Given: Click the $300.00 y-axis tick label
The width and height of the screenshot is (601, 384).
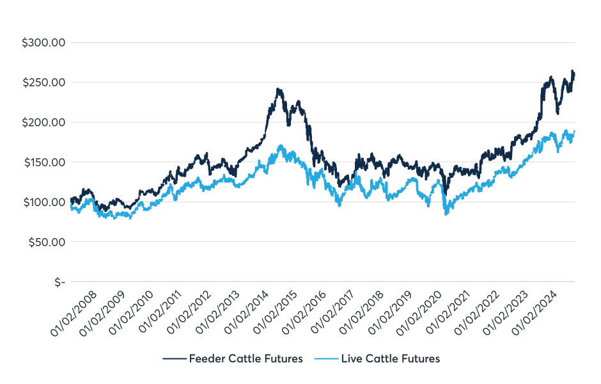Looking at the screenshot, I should [44, 43].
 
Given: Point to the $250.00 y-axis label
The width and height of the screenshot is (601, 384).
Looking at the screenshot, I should [44, 83].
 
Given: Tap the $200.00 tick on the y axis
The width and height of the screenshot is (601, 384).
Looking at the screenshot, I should [44, 122].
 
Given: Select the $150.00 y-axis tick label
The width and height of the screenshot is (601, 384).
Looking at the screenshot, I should [44, 162].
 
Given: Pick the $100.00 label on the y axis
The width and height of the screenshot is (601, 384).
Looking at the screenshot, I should [44, 202].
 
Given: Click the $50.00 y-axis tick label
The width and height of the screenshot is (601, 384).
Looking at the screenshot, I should [47, 242].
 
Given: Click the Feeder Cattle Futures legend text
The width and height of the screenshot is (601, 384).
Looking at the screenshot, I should [246, 358].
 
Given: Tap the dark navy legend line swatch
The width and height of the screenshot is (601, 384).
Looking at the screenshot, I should [173, 358].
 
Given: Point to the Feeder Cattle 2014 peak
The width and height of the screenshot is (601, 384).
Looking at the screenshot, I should [278, 90].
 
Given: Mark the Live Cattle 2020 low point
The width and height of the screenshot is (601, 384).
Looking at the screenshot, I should [446, 214].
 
